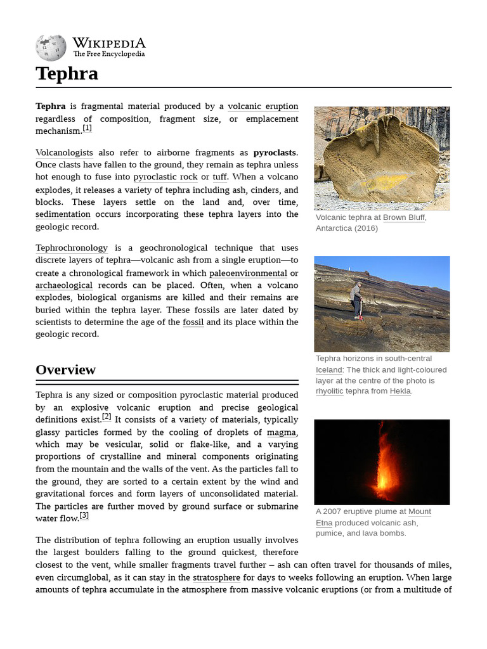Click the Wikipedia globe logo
[x=51, y=47]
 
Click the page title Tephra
[x=67, y=74]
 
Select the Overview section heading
[x=65, y=369]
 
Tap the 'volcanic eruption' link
[x=263, y=106]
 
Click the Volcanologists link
[x=64, y=153]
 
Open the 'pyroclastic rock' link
[x=166, y=177]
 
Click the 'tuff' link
[x=219, y=177]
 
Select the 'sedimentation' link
[x=63, y=214]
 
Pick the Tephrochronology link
[x=72, y=248]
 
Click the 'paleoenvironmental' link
[x=248, y=273]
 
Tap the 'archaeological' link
[x=64, y=285]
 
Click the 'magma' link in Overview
[x=281, y=432]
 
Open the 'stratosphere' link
[x=216, y=577]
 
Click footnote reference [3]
[x=84, y=516]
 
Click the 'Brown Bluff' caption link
[x=403, y=217]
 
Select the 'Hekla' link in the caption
[x=399, y=391]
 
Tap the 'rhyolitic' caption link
[x=329, y=391]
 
